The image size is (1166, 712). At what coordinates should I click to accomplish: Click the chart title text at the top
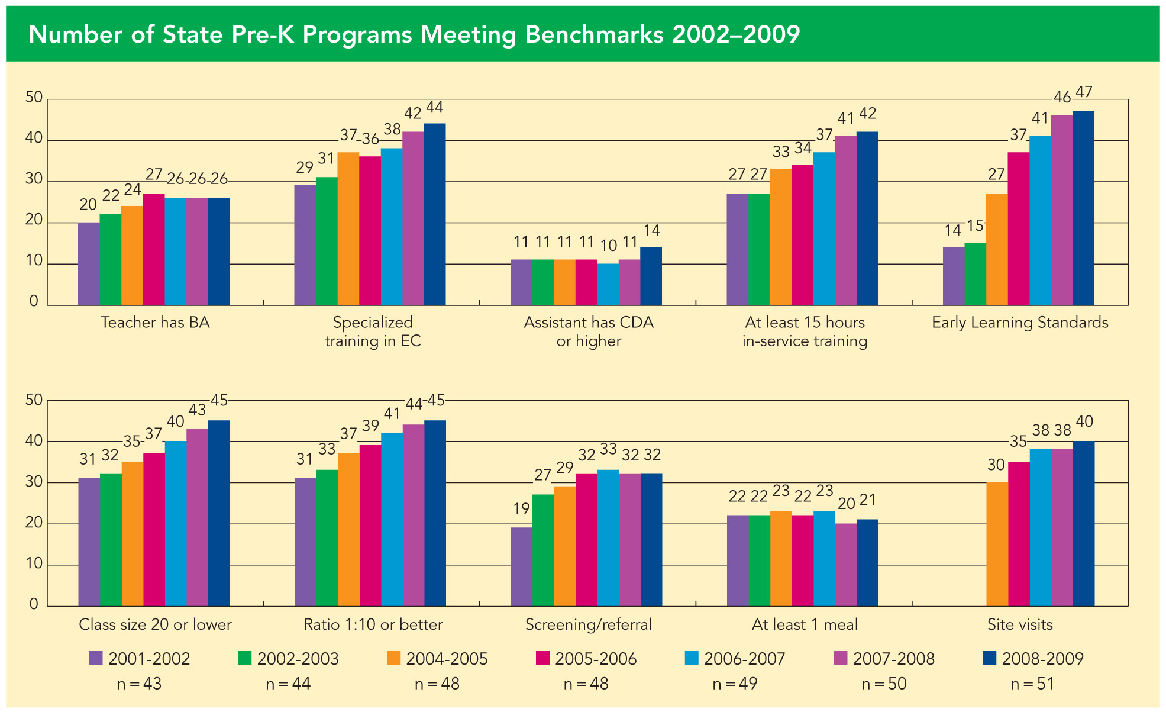click(414, 34)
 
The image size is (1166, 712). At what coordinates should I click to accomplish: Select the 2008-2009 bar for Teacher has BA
click(219, 252)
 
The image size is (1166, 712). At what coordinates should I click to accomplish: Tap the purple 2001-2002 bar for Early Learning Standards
click(953, 276)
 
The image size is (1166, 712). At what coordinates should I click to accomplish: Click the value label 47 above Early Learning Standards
click(1084, 92)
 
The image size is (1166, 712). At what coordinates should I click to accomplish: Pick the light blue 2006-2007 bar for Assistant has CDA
click(608, 284)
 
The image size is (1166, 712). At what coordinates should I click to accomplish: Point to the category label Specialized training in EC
click(373, 331)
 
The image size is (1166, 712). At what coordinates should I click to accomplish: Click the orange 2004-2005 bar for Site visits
click(997, 544)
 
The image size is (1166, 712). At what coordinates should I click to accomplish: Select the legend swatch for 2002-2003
click(245, 659)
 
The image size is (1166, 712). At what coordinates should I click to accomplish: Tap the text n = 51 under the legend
click(1032, 684)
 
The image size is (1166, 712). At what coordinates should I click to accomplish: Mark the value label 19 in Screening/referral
click(521, 508)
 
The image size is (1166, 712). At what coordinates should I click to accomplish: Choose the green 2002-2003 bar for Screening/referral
click(543, 550)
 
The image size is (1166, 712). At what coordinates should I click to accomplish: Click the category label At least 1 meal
click(805, 624)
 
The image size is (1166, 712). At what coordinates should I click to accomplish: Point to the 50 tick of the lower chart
click(34, 400)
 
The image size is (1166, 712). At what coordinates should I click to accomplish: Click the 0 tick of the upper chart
click(34, 301)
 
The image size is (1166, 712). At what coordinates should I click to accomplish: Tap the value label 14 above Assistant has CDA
click(651, 231)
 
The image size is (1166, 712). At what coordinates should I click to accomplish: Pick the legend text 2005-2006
click(596, 659)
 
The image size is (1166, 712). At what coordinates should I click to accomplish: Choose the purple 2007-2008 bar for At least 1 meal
click(845, 564)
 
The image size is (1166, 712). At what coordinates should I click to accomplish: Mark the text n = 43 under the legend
click(139, 684)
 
